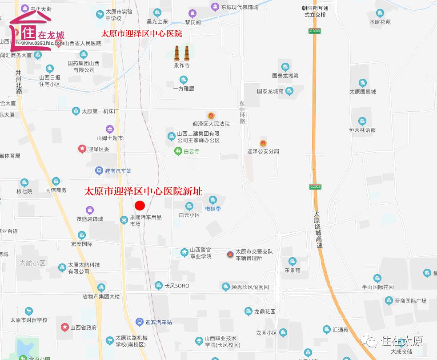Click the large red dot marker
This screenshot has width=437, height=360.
[140, 205]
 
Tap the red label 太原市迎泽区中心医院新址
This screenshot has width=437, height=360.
[143, 191]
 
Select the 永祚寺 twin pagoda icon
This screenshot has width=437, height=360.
[181, 53]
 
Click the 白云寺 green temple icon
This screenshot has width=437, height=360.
[177, 151]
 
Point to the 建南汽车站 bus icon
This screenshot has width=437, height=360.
[99, 170]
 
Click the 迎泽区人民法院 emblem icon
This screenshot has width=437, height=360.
[211, 116]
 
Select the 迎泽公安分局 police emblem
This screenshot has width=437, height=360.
[263, 143]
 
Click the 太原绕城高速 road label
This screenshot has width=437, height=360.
[317, 229]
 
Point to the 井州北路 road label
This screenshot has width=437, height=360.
[19, 81]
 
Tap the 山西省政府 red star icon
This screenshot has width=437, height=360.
[64, 328]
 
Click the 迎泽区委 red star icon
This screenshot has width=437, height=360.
[82, 149]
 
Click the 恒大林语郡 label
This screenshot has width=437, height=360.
[362, 130]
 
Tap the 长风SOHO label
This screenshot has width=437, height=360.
[176, 286]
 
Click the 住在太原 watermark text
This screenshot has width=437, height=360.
[402, 341]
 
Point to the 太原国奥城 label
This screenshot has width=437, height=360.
[363, 92]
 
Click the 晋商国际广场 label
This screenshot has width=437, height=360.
[411, 301]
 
